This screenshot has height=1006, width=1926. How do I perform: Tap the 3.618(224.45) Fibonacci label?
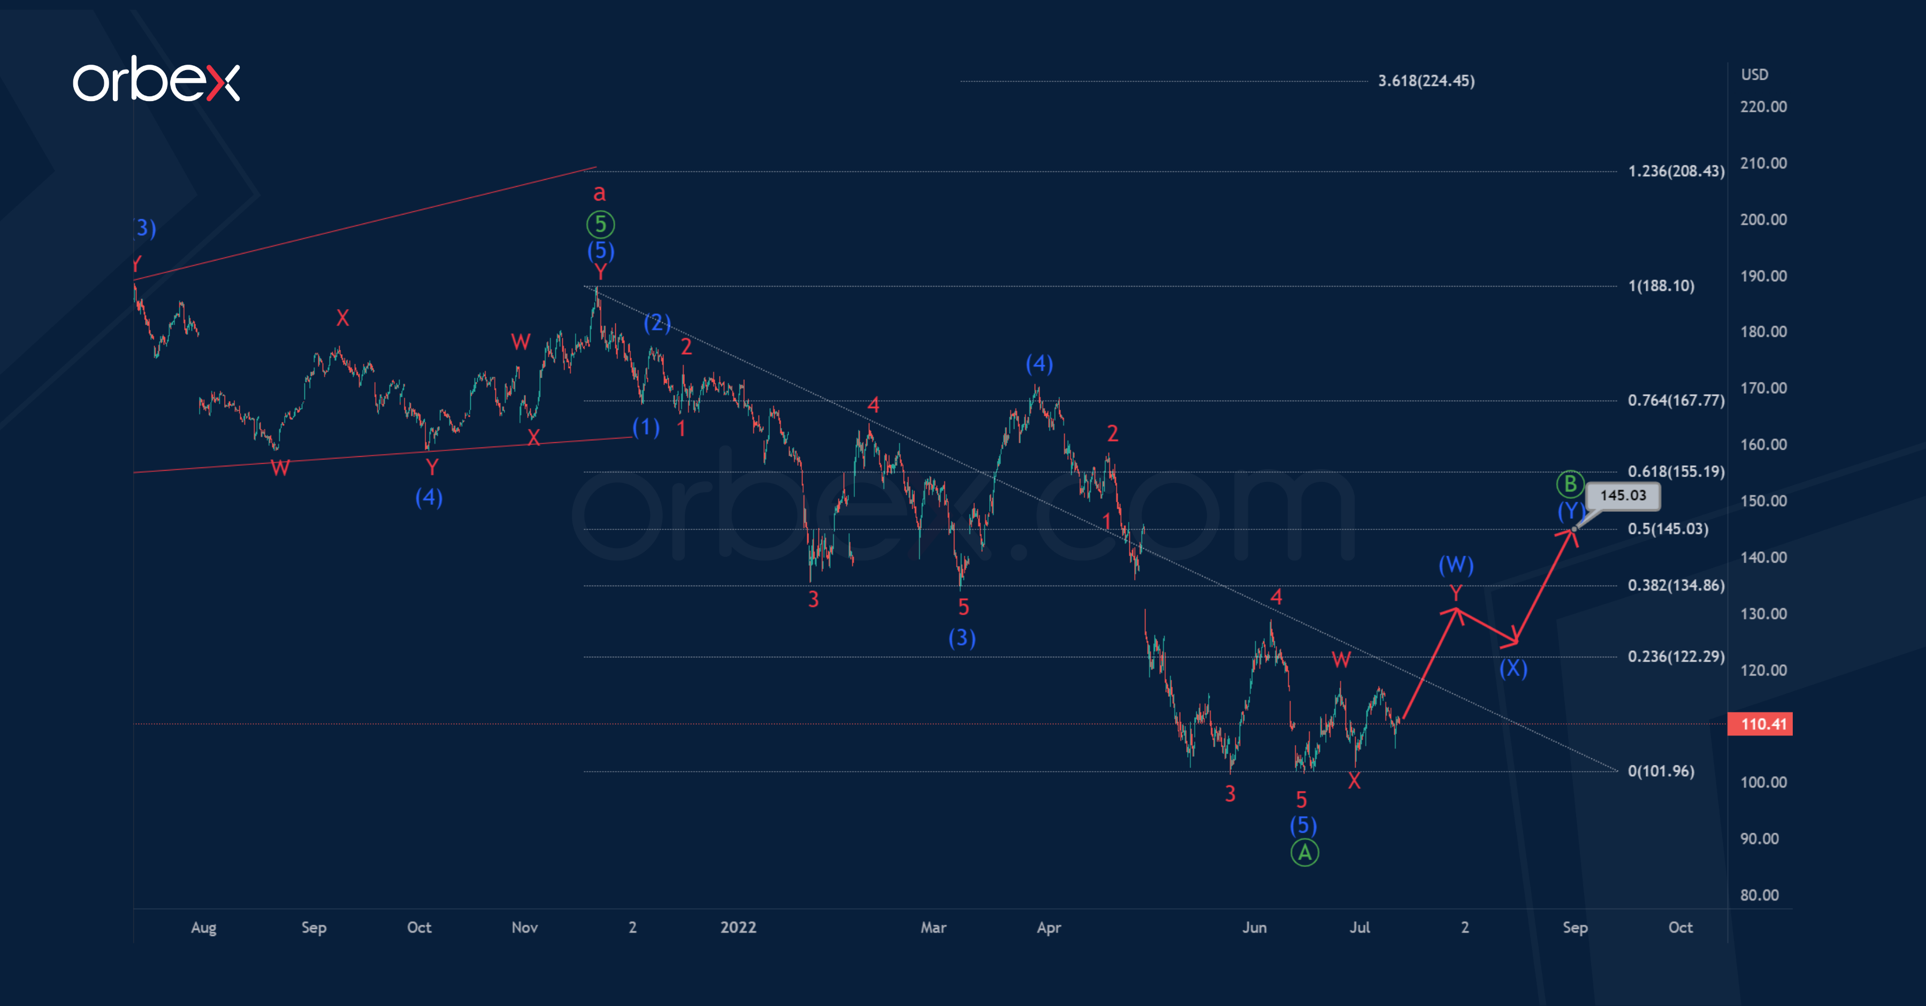[1426, 81]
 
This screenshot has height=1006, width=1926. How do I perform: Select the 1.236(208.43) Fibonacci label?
[1676, 171]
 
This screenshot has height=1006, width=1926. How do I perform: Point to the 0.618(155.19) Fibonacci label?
[1676, 472]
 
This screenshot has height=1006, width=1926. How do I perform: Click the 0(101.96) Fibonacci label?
[1661, 771]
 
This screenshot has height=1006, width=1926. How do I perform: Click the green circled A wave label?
[1305, 853]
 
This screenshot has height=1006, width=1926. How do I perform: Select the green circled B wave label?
[1570, 483]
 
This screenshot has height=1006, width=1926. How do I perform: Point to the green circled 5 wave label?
[600, 224]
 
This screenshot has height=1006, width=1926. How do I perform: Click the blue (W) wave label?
[1456, 565]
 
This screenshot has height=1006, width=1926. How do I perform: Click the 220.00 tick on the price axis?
[1763, 107]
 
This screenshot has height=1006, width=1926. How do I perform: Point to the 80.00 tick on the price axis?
[1759, 895]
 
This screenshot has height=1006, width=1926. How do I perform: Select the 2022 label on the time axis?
[738, 927]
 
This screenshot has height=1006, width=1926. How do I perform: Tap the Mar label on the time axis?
[933, 927]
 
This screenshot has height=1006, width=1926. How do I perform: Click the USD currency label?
[1754, 75]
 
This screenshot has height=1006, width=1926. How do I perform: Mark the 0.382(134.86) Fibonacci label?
[1676, 585]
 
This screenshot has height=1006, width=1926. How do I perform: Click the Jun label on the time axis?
[1254, 927]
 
